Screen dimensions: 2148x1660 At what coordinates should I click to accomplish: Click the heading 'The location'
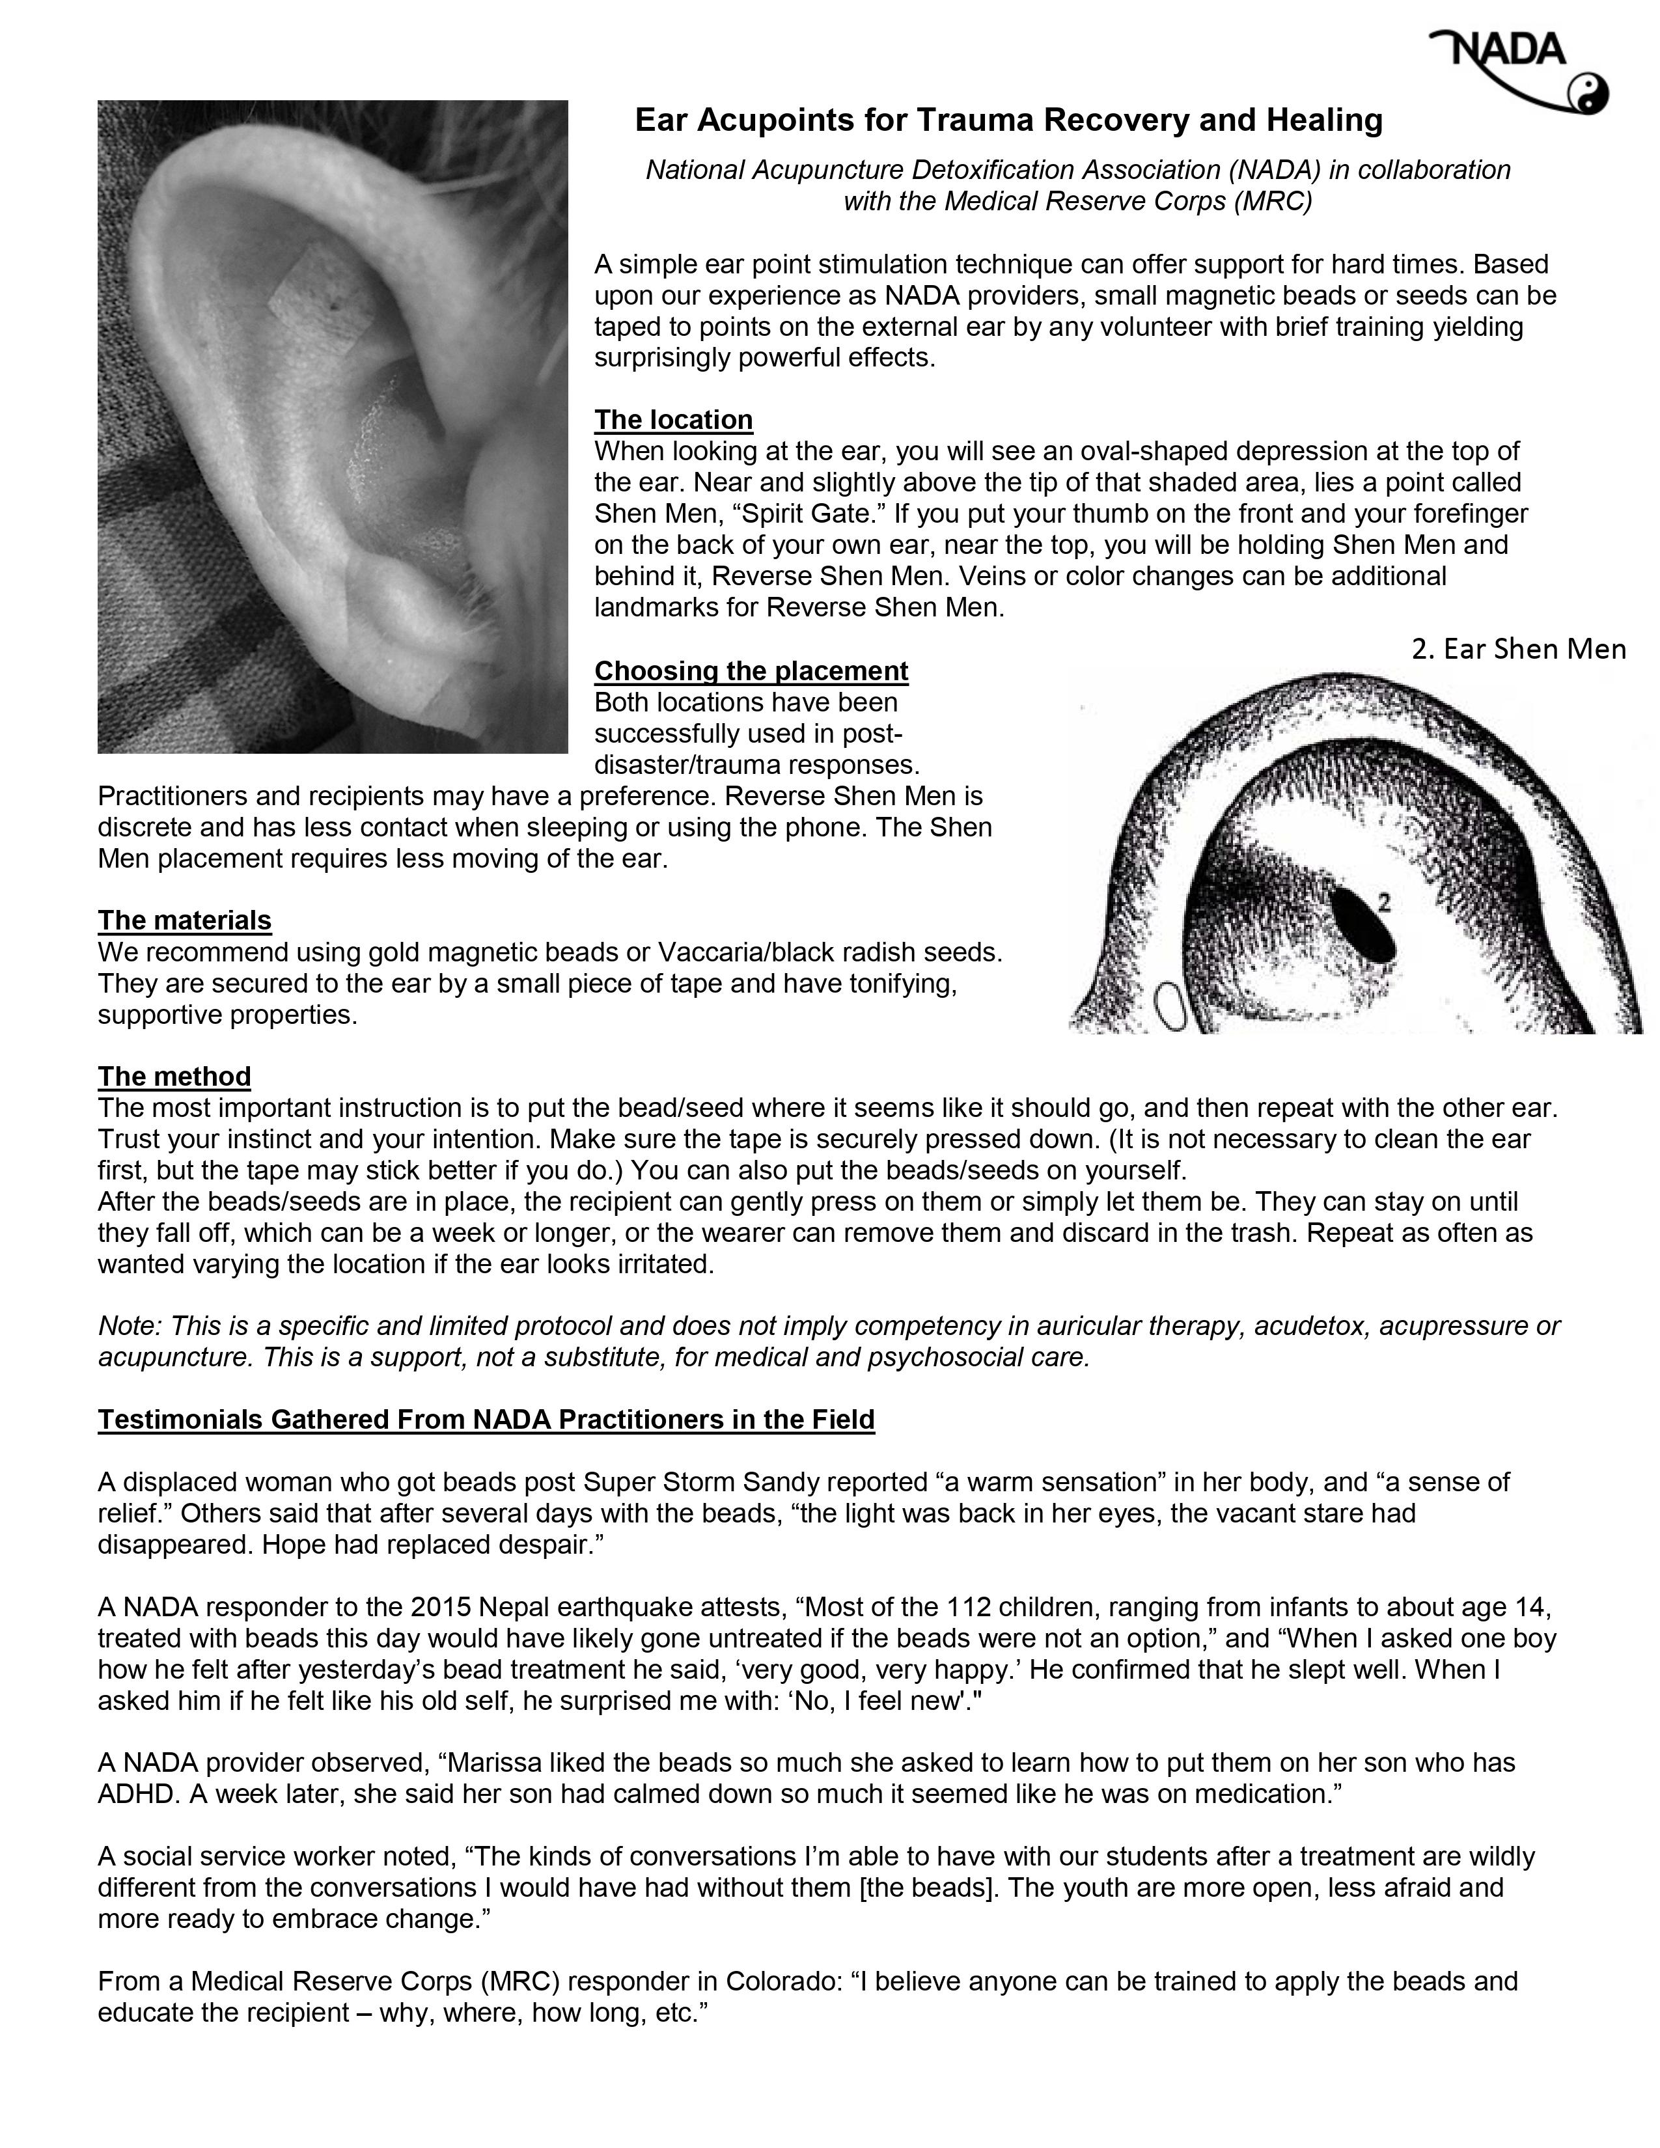(x=674, y=420)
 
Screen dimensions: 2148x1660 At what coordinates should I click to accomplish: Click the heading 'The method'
(x=174, y=1076)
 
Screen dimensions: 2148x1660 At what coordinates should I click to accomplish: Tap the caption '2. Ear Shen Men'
(x=1518, y=649)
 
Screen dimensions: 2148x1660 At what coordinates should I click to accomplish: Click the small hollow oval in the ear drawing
(x=1171, y=1008)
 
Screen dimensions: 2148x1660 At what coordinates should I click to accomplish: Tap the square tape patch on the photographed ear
(x=320, y=293)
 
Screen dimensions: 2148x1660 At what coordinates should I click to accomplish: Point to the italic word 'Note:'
(x=131, y=1327)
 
